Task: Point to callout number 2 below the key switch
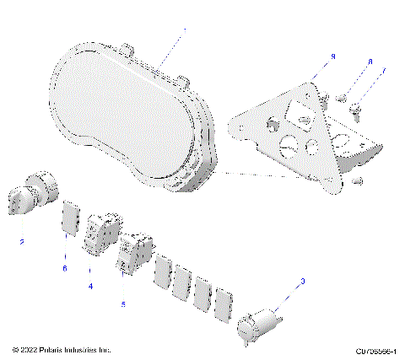[22, 242]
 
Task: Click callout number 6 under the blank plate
[64, 267]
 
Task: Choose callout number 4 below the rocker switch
[90, 286]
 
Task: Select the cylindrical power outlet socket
[258, 324]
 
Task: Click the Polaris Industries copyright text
[63, 349]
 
